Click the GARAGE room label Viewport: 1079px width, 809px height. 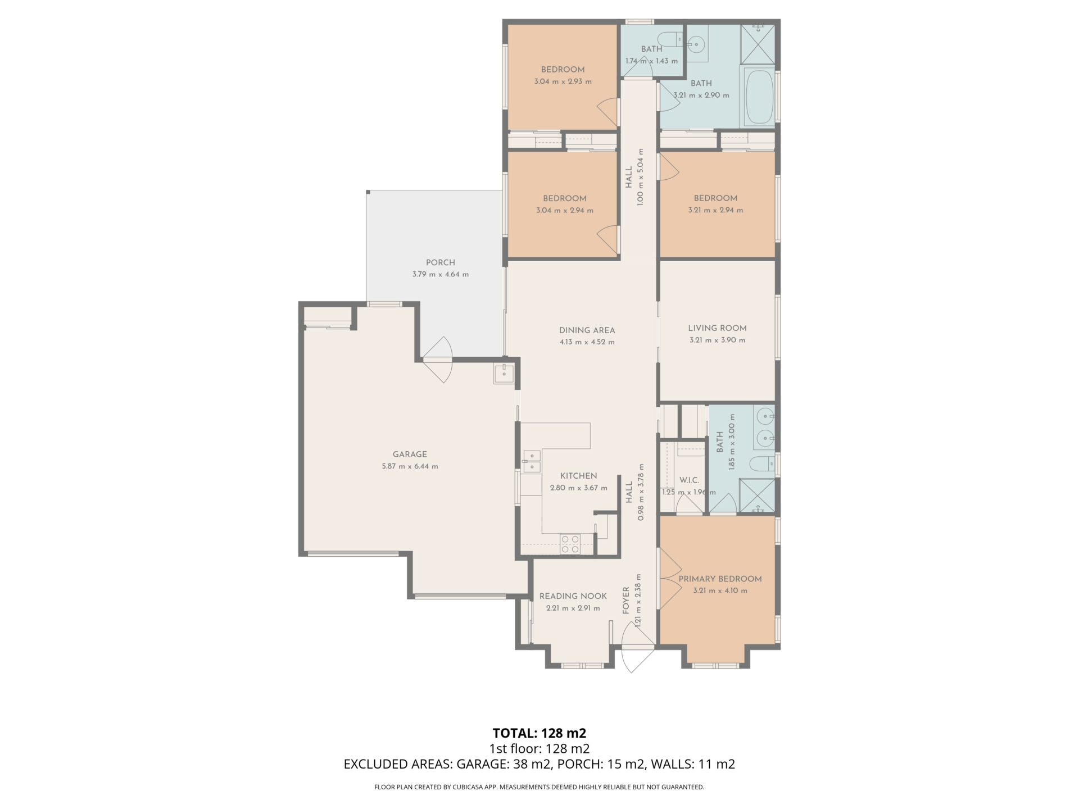410,455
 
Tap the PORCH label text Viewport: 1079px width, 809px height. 441,262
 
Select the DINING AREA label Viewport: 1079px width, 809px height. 587,330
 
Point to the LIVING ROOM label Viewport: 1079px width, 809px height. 717,328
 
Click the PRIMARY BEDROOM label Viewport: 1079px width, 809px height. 720,579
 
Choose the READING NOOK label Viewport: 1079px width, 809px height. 573,596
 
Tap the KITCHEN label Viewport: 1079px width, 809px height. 578,476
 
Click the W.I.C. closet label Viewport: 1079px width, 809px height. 689,480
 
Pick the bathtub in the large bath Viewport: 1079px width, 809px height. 759,96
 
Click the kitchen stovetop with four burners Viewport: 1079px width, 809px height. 570,544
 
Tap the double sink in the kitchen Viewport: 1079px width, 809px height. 532,461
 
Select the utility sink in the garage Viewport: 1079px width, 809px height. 504,374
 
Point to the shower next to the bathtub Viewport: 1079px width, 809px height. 758,45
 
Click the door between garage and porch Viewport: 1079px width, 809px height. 438,360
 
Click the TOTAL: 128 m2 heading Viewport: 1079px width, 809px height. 539,733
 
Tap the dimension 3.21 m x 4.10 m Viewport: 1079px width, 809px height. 720,590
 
